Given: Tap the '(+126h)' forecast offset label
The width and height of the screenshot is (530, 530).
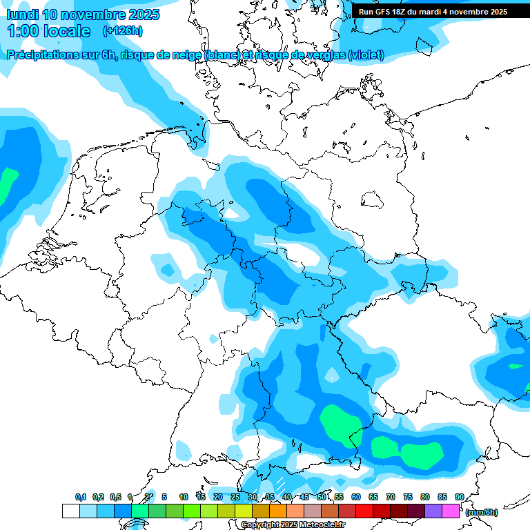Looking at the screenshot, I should coord(122,30).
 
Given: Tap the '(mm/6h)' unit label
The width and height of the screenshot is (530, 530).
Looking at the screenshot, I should coord(482,511).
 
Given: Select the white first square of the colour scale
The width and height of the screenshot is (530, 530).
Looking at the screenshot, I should coord(70,511).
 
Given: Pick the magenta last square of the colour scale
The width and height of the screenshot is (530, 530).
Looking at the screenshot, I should coord(451,511).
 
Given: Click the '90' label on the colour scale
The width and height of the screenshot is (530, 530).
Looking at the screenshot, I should coord(459,497).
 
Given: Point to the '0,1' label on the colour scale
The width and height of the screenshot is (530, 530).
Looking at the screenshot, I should coord(80,497).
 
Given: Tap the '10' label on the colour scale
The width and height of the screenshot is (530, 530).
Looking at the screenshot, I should coord(184,497).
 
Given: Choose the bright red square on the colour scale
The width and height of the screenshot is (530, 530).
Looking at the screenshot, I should coord(364,511).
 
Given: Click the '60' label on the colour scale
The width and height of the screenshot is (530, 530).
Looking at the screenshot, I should coord(355,497).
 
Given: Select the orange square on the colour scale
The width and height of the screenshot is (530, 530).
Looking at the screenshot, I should coord(278,511).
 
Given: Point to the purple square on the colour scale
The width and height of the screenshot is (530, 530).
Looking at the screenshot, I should coord(433,511).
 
